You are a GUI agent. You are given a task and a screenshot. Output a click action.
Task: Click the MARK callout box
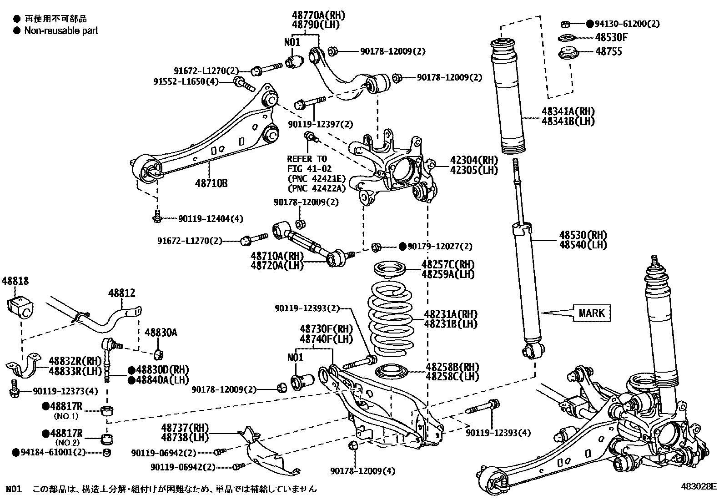(592, 313)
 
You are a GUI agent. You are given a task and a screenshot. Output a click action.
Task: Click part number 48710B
(211, 184)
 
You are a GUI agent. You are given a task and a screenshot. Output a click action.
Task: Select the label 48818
(15, 281)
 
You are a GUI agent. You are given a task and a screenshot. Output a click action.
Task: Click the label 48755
(608, 52)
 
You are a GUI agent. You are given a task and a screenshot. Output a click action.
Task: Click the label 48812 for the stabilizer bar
(121, 293)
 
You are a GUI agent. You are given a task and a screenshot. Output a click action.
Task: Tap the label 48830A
(161, 333)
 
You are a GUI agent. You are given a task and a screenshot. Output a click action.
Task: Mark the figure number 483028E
(698, 486)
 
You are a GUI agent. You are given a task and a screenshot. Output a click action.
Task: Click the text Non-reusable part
(61, 31)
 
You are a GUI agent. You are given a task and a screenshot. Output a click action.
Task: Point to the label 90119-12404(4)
(210, 219)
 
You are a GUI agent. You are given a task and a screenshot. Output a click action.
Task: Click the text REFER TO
(307, 159)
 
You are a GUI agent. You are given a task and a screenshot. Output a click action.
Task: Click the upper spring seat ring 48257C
(392, 270)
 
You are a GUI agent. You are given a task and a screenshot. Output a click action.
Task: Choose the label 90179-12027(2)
(439, 247)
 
